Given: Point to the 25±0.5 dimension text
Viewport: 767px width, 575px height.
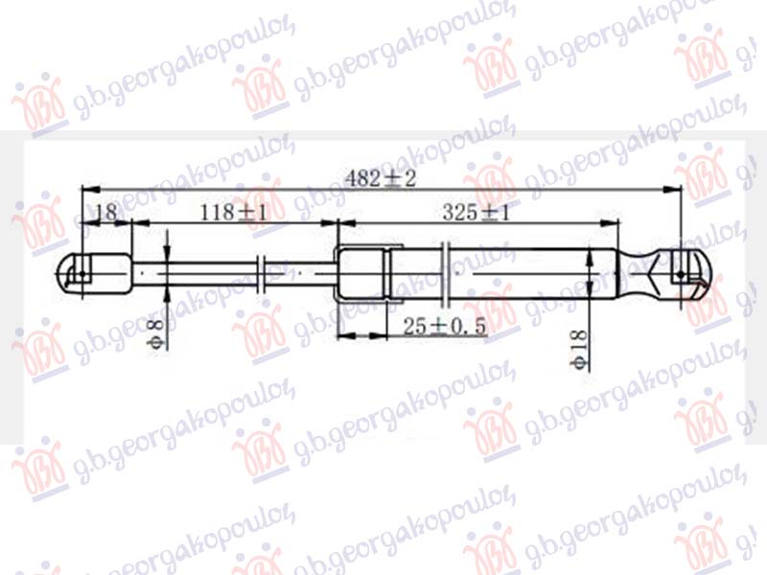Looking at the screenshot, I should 444,327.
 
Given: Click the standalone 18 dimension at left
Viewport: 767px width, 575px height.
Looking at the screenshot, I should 105,213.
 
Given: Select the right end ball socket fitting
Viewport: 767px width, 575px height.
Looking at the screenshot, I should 686,274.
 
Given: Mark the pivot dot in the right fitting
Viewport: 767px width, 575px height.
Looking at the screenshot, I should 681,275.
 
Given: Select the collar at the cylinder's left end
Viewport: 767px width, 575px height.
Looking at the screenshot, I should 365,274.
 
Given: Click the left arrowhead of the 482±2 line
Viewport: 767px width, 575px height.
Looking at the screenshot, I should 84,190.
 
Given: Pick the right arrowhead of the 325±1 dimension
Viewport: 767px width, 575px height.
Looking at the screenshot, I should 614,223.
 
